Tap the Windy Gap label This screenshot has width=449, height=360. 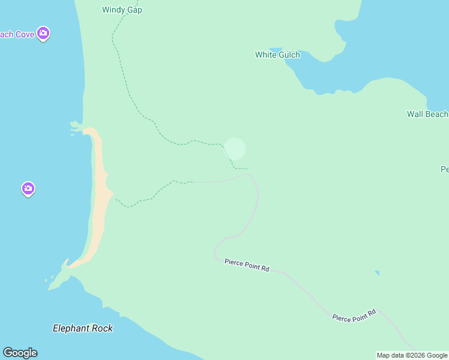point(122,10)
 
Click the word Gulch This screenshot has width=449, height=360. point(289,55)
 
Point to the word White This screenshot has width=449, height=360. point(266,55)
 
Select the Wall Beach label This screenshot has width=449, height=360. point(427,114)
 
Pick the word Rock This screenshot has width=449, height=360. point(103,328)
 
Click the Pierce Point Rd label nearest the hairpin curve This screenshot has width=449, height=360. point(247,265)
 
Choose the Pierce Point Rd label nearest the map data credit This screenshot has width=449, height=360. point(354,314)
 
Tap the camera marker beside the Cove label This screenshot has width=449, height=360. point(43,34)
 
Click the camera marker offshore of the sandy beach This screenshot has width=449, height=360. point(28,189)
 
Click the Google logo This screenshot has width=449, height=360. point(20,353)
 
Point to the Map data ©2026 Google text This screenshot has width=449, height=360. point(412,355)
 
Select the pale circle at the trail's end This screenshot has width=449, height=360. point(235,149)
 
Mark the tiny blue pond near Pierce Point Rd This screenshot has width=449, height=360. point(377,273)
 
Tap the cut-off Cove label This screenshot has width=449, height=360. point(17,34)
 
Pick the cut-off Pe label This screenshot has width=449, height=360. point(444,170)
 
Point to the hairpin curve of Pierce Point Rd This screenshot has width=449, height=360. point(217,248)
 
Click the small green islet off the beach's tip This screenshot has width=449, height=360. point(75,125)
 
